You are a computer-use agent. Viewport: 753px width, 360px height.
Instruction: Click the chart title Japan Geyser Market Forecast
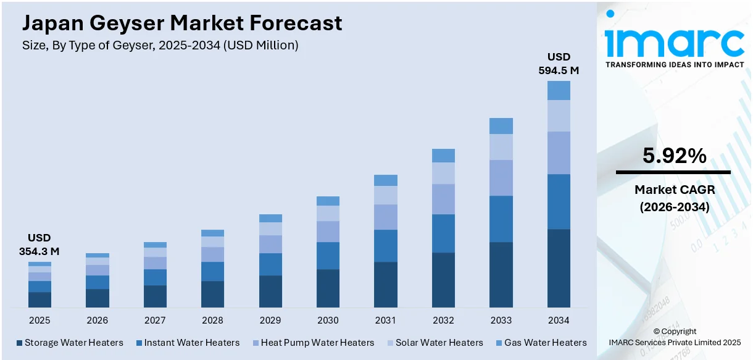click(182, 23)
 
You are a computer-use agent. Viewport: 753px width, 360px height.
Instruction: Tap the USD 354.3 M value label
click(40, 245)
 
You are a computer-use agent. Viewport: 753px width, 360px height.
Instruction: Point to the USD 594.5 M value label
click(559, 64)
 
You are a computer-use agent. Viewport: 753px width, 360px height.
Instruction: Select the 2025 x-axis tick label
click(40, 320)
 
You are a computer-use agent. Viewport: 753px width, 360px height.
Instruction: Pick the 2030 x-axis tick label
click(328, 320)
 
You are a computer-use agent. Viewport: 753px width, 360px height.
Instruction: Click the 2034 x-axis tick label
click(559, 320)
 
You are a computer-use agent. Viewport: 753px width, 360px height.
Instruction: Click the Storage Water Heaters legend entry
click(70, 343)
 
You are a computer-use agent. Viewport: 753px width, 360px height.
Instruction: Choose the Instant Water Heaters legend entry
click(187, 343)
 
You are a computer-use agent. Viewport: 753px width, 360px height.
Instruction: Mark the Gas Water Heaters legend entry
click(540, 343)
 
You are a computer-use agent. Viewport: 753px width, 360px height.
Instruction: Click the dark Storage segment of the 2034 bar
click(559, 268)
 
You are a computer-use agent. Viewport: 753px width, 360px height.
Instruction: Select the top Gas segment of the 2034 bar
click(559, 90)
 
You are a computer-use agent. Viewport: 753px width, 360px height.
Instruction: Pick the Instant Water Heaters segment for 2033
click(501, 219)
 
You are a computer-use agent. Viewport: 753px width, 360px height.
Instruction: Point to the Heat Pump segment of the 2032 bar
click(443, 199)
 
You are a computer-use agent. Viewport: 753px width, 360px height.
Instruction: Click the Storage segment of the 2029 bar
click(270, 291)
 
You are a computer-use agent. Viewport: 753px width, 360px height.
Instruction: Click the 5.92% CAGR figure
click(674, 157)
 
